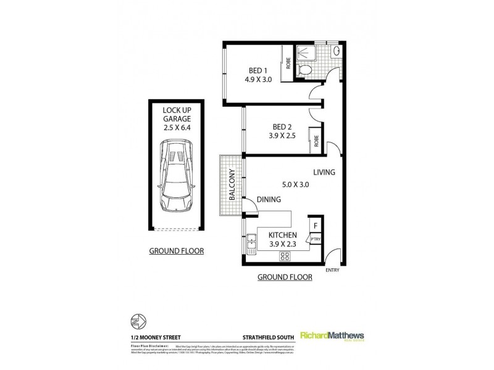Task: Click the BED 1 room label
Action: [x=254, y=70]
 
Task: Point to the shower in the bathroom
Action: [x=303, y=52]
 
